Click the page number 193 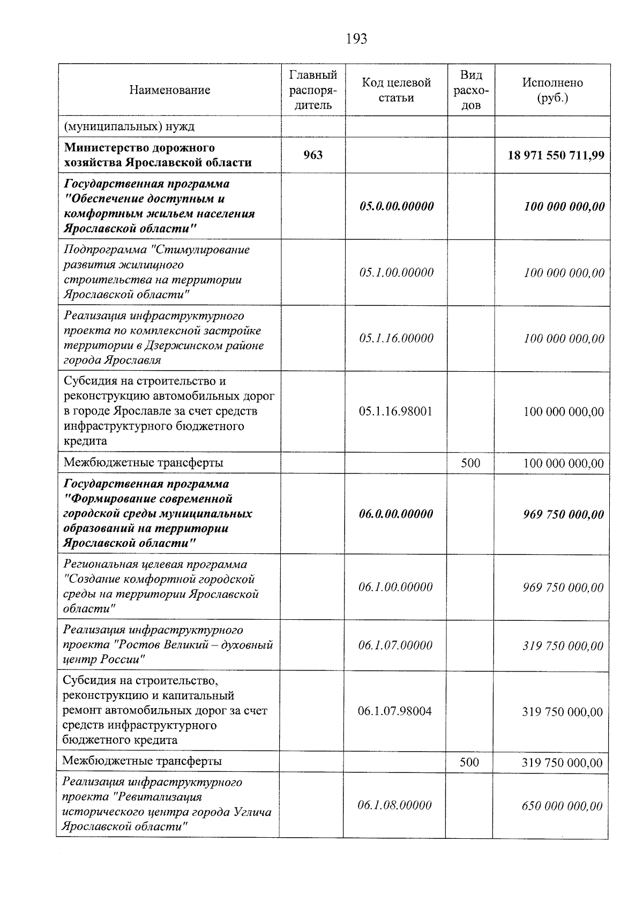click(356, 39)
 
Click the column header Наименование click(169, 90)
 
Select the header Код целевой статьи click(396, 90)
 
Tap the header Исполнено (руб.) click(552, 90)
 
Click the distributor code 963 click(313, 155)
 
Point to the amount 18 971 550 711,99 click(556, 155)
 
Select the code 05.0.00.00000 click(397, 206)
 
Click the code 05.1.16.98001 click(396, 411)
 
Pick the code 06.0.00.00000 click(396, 514)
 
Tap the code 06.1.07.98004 click(395, 711)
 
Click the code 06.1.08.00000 click(394, 805)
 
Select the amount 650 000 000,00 click(562, 806)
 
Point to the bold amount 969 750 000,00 click(563, 515)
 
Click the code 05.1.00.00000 click(397, 273)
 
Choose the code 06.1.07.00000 click(395, 645)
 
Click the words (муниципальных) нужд click(129, 127)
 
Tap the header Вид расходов click(471, 90)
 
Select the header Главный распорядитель click(313, 90)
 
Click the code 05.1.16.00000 click(397, 339)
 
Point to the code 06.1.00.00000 click(395, 587)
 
